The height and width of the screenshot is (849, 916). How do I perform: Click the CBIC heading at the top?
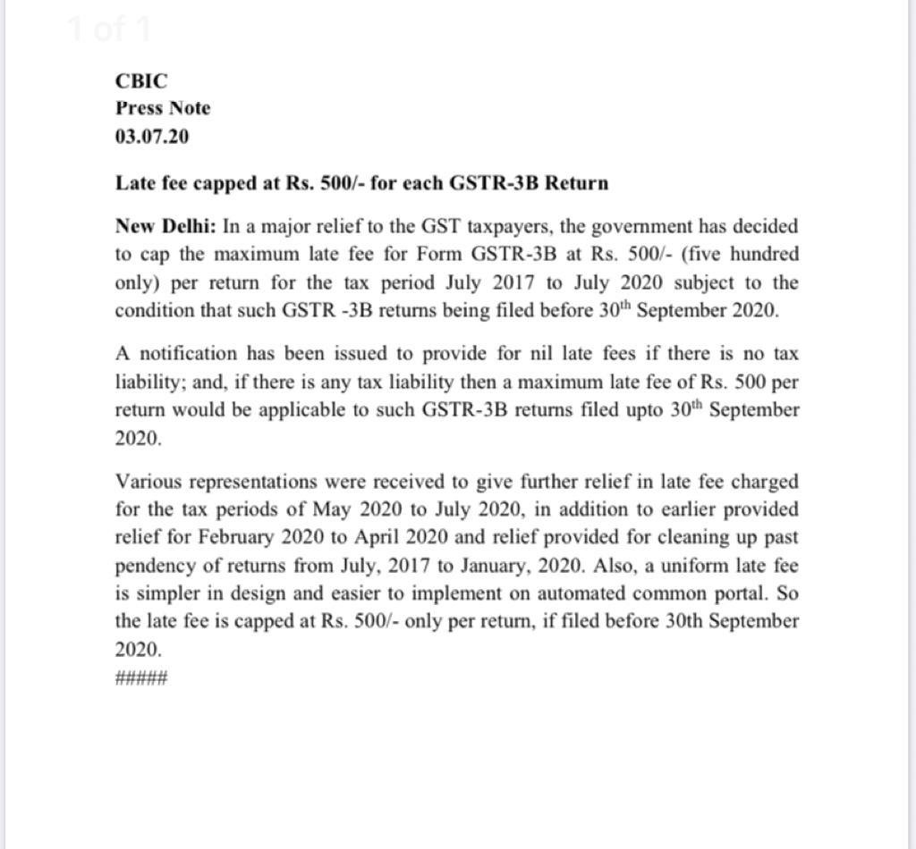pyautogui.click(x=141, y=80)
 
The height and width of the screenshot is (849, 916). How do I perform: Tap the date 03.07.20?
pyautogui.click(x=152, y=137)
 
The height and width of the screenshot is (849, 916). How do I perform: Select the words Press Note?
pyautogui.click(x=163, y=108)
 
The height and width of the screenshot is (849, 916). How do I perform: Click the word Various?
pyautogui.click(x=146, y=482)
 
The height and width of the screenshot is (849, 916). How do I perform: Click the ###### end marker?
pyautogui.click(x=141, y=677)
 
